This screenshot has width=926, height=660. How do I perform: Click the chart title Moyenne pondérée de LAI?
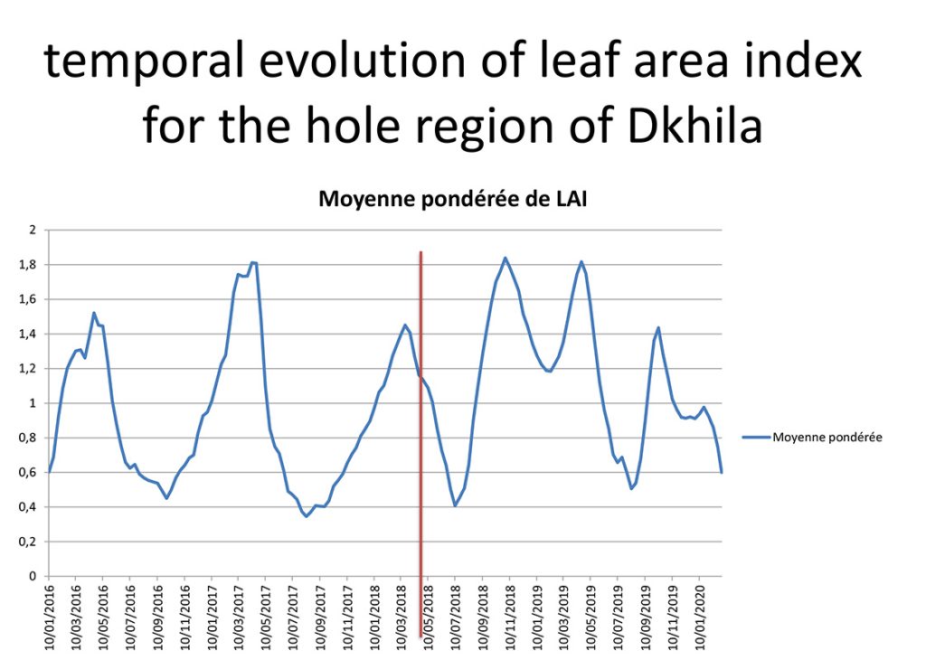pyautogui.click(x=453, y=200)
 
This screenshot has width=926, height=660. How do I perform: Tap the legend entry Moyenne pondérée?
pyautogui.click(x=826, y=438)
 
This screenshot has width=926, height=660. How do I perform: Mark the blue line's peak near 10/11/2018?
pyautogui.click(x=506, y=258)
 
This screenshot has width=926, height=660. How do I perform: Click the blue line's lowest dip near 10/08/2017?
pyautogui.click(x=307, y=516)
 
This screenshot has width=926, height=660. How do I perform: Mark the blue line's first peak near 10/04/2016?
pyautogui.click(x=94, y=313)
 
